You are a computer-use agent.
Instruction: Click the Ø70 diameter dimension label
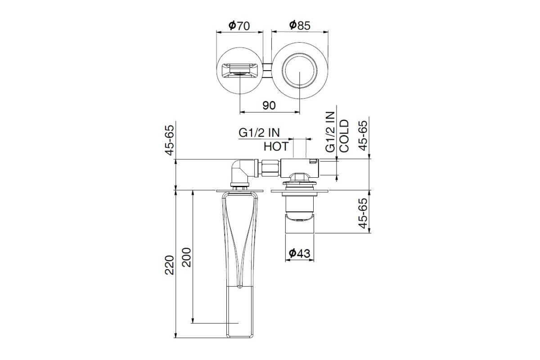(239, 26)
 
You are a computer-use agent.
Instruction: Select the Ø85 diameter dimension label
(300, 25)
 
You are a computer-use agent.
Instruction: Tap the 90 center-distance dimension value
(269, 105)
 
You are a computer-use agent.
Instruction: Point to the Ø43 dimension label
(299, 253)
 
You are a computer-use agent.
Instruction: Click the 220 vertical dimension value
(170, 265)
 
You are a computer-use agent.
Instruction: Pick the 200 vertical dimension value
(187, 257)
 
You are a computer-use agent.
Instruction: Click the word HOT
(276, 146)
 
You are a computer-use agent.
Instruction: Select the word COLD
(344, 136)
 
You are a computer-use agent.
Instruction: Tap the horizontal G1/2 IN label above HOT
(259, 133)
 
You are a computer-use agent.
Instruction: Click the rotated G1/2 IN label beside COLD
(330, 132)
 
